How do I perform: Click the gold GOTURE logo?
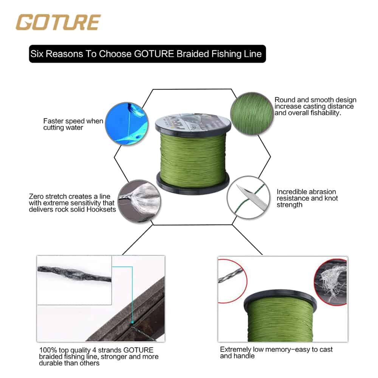[x=58, y=22]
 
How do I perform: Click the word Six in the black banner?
[x=37, y=54]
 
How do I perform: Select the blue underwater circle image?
[x=127, y=124]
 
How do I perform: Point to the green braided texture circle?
[x=252, y=113]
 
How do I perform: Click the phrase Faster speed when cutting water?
[x=73, y=124]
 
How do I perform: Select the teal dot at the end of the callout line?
[x=132, y=322]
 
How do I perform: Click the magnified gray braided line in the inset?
[x=74, y=273]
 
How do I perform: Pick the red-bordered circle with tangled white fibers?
[x=331, y=282]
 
